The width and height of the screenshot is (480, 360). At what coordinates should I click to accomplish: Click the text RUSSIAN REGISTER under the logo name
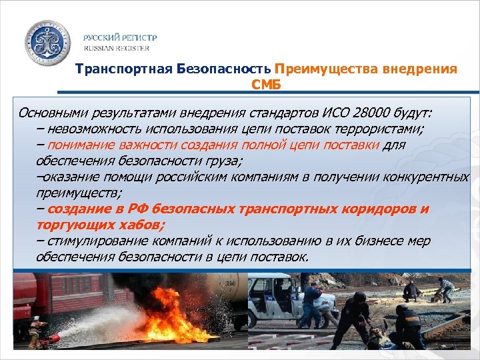click(117, 49)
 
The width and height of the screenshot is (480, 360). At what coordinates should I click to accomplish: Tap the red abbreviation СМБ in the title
click(266, 85)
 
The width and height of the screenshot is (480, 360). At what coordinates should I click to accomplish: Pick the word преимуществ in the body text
click(74, 193)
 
